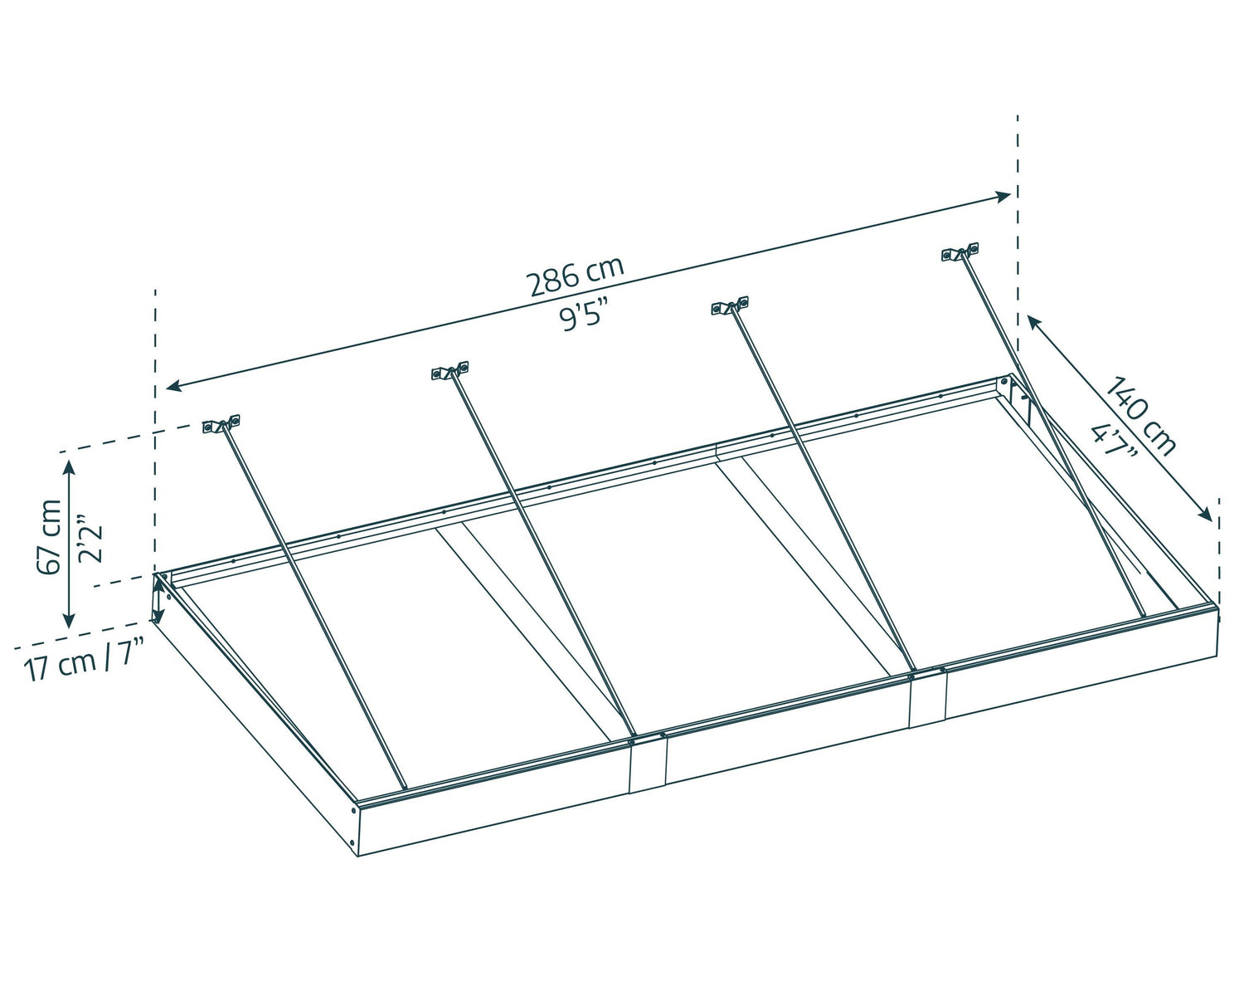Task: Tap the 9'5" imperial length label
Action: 584,316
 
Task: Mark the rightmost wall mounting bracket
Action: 960,251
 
